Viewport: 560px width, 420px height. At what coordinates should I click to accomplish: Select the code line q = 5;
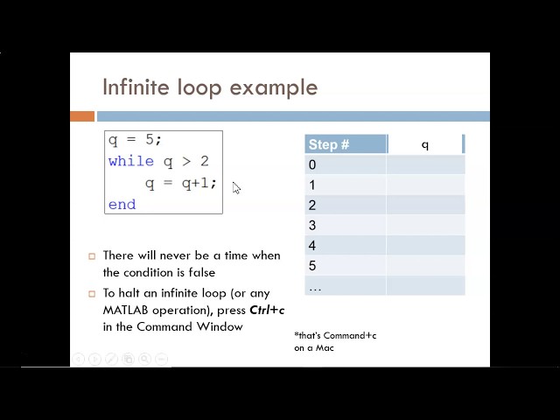coord(136,140)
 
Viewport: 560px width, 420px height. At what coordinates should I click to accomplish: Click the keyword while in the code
coord(131,161)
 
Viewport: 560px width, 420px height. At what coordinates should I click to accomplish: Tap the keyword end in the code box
coord(122,204)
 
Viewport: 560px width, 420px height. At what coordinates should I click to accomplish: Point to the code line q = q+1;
coord(180,183)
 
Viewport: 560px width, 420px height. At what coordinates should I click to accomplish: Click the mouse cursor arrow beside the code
coord(236,187)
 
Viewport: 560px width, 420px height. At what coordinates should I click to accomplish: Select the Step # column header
coord(329,144)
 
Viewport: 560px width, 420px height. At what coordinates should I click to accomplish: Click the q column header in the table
coord(425,144)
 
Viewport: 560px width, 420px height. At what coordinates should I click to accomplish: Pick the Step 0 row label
coord(312,164)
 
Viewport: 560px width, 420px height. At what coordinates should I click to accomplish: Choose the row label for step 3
coord(312,226)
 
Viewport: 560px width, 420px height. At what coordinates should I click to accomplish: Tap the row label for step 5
coord(312,266)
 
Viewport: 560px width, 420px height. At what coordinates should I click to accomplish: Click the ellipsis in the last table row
coord(315,287)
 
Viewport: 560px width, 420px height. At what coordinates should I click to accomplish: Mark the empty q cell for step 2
coord(425,206)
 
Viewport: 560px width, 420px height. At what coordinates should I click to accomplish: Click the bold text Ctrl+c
coord(267,310)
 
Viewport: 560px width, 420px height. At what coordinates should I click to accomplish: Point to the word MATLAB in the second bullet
coord(129,310)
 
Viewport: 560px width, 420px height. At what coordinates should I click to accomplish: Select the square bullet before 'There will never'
coord(92,256)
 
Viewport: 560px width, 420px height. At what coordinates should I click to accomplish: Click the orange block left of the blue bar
coord(82,116)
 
